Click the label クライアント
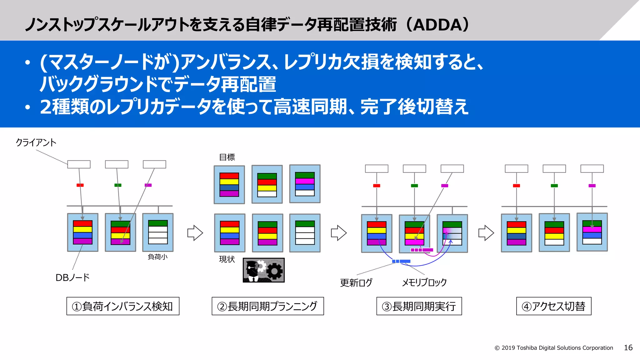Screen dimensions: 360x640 pos(36,142)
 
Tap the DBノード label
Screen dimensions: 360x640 pos(72,277)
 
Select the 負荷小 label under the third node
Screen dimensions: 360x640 pos(157,257)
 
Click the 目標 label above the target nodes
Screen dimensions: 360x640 pos(227,157)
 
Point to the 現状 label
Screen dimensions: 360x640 pos(227,259)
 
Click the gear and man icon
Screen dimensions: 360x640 pos(263,270)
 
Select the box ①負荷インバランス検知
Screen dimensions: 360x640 pos(123,306)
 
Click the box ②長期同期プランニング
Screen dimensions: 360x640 pos(267,306)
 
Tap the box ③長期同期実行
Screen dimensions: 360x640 pos(419,306)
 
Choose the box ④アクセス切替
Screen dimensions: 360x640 pos(553,306)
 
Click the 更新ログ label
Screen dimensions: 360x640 pos(356,283)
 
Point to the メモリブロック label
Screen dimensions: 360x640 pos(424,282)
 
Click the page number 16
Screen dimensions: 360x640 pos(628,347)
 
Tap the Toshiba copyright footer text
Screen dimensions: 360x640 pos(553,348)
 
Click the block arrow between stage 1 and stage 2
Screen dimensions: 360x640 pos(195,233)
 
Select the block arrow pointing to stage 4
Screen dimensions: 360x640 pos(486,233)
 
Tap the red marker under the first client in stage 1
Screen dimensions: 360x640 pos(80,185)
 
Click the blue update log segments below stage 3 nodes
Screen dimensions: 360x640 pos(401,261)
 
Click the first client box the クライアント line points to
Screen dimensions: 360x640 pos(79,164)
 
